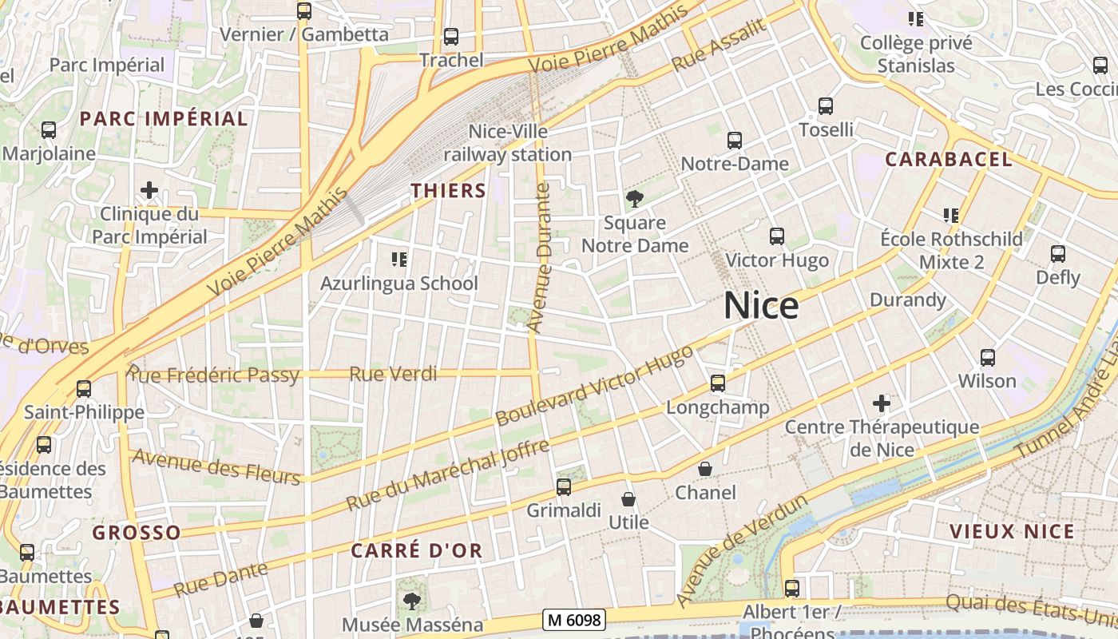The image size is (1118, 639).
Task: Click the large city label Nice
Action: (x=761, y=307)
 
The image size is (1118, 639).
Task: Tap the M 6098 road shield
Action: (x=573, y=619)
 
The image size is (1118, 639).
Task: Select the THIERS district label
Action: (x=448, y=190)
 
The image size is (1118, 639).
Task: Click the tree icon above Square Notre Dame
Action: (x=635, y=198)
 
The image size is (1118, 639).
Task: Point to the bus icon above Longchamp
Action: (x=718, y=383)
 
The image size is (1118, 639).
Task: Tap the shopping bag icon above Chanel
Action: (x=704, y=469)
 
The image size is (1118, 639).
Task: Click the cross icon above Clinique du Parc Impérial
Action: (x=149, y=190)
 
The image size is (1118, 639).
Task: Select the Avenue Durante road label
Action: (x=541, y=257)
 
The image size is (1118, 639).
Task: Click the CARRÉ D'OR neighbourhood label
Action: (x=417, y=550)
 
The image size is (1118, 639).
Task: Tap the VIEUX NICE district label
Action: (x=1012, y=531)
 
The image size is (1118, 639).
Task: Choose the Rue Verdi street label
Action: (x=394, y=373)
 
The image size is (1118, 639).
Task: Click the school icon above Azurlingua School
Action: (x=398, y=259)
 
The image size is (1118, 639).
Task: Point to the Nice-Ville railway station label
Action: (x=508, y=143)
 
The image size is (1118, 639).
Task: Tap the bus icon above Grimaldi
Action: (x=564, y=486)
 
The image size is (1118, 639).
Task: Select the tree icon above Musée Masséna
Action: (x=412, y=601)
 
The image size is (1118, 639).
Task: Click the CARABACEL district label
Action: (x=948, y=159)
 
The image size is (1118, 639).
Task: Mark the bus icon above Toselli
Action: (x=826, y=105)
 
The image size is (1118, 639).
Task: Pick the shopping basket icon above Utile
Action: (x=628, y=499)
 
